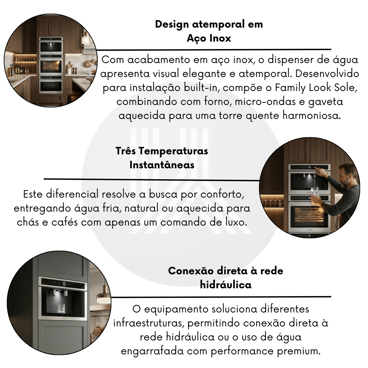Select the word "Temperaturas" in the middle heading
click(173, 151)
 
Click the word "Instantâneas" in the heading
click(162, 165)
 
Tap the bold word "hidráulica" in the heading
click(226, 285)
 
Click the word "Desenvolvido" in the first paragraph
click(327, 74)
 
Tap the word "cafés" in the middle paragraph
click(64, 222)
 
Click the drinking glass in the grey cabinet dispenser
click(61, 309)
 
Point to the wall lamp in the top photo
click(86, 40)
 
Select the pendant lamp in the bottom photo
click(104, 293)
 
